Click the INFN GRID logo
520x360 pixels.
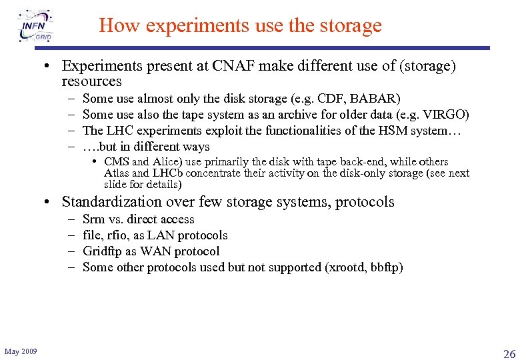tap(37, 25)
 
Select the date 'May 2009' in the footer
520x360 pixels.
tap(21, 351)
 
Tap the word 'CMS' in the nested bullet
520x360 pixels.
tap(117, 162)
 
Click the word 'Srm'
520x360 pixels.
tap(93, 219)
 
